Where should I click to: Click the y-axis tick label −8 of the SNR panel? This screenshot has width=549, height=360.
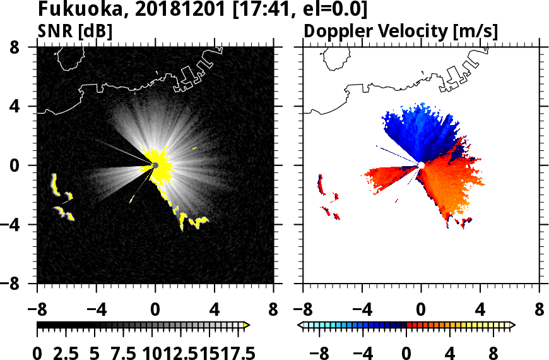coord(22,284)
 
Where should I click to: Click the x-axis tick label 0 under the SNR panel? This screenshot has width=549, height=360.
coord(155,310)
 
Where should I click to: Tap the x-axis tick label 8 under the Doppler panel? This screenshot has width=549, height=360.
coord(540,310)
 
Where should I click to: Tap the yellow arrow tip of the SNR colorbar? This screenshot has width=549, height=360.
coord(247,325)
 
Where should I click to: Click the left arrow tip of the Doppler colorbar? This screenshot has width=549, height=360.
coord(300,325)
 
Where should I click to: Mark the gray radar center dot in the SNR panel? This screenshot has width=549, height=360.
coord(155,165)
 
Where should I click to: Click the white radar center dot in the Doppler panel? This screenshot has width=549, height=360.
coord(421,165)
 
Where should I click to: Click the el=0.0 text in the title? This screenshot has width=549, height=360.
coord(335,9)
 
